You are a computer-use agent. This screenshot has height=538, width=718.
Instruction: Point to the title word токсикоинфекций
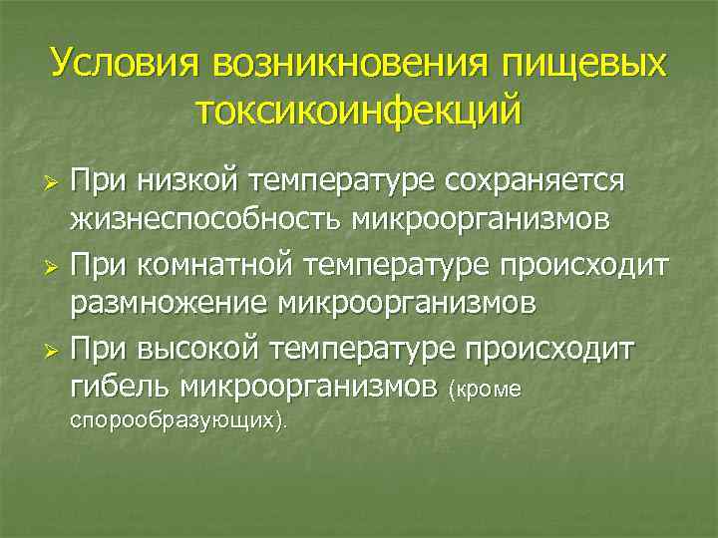click(x=358, y=111)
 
